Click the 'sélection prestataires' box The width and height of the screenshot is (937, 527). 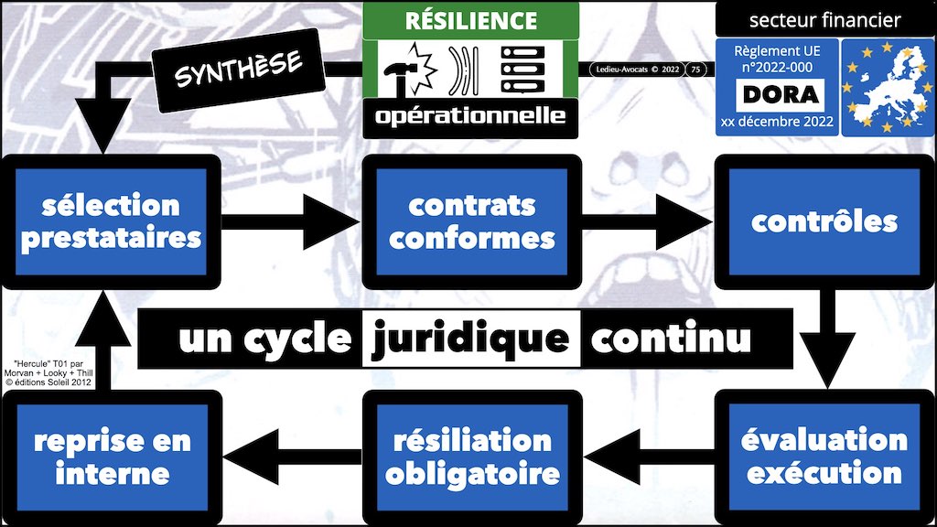point(111,220)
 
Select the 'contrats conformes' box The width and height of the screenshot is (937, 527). point(471,220)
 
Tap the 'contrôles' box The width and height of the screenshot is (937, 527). point(824,220)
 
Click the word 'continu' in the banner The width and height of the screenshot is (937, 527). point(671,339)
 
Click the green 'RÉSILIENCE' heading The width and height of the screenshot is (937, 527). point(470,19)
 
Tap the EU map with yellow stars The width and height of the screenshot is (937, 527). point(884,87)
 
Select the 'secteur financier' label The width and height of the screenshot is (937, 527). point(824,19)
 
